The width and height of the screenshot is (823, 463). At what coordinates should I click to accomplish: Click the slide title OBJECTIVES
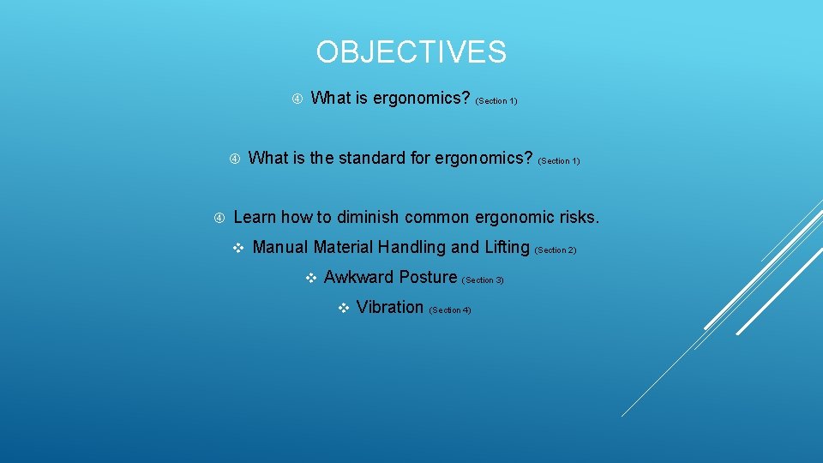pos(411,52)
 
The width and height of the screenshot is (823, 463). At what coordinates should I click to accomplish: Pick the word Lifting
pos(507,248)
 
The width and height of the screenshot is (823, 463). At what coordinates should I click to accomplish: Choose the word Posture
pos(428,278)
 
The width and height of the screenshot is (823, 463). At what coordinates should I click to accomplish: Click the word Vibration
pos(389,308)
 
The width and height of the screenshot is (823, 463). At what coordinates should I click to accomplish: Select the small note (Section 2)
pos(556,250)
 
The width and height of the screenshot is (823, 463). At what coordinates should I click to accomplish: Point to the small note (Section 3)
pos(483,280)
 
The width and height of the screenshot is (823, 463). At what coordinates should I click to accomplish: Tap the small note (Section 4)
pos(450,310)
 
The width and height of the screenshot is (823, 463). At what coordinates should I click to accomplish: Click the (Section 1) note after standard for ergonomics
pos(559,161)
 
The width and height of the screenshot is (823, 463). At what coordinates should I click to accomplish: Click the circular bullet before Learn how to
pos(219,218)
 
